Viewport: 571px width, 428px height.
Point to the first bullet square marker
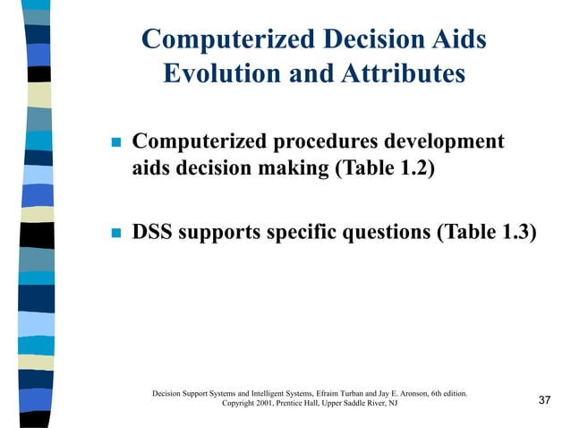(x=114, y=143)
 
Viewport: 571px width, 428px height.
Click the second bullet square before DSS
(x=114, y=234)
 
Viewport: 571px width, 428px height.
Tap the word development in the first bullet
(x=442, y=142)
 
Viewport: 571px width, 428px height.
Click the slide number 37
(x=544, y=400)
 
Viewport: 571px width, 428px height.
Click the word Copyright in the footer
(x=240, y=404)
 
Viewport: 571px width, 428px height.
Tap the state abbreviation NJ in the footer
(x=393, y=404)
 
